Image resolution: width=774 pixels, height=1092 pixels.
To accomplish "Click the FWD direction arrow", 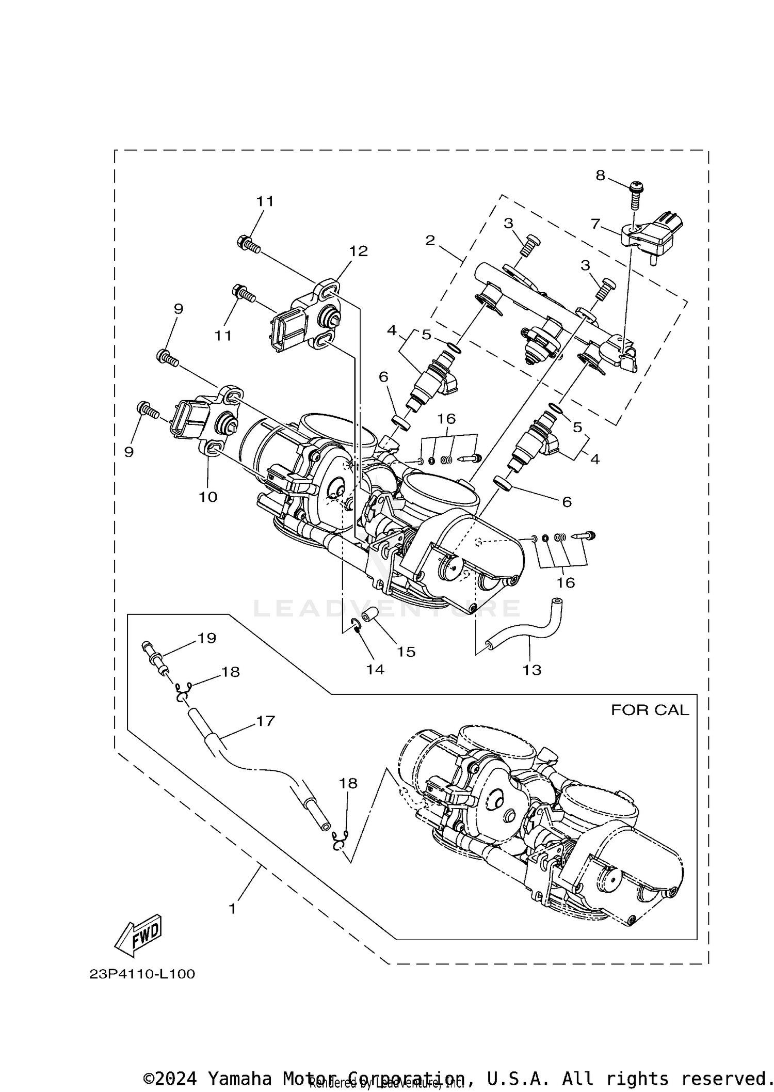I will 138,936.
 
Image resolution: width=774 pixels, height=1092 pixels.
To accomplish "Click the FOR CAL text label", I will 650,710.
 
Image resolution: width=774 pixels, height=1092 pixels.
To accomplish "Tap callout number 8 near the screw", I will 600,176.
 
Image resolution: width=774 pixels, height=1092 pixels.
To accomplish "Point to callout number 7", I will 595,224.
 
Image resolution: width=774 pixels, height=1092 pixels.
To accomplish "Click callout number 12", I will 359,251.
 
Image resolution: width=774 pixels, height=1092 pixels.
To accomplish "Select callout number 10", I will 208,497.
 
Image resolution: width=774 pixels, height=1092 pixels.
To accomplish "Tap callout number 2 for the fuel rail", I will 430,240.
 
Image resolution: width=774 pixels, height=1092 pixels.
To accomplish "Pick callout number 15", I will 406,652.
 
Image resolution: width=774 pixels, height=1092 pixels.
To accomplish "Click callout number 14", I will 375,669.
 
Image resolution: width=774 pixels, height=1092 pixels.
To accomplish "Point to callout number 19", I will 207,638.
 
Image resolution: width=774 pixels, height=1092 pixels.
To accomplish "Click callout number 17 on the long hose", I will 266,721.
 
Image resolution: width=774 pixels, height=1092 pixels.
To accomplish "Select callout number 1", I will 233,909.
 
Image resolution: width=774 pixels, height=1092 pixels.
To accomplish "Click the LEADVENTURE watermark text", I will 387,608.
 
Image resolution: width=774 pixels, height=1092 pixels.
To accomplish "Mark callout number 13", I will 532,670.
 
